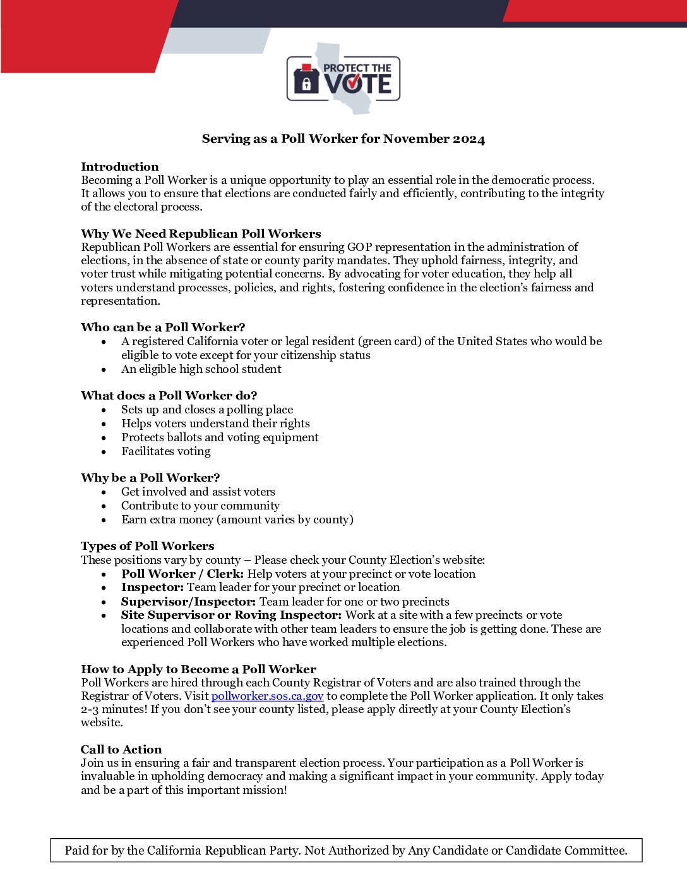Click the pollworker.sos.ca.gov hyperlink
267,696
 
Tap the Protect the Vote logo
343,79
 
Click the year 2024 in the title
469,139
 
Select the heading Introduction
120,167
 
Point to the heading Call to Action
121,750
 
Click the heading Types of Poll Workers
147,546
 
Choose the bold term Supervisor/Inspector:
188,602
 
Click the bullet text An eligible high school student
201,369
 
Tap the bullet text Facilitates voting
166,451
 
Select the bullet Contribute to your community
200,506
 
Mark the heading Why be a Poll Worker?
150,478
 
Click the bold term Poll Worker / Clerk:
182,574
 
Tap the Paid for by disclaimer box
346,850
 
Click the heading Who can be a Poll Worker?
163,327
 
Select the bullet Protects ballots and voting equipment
220,437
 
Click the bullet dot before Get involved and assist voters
104,492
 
